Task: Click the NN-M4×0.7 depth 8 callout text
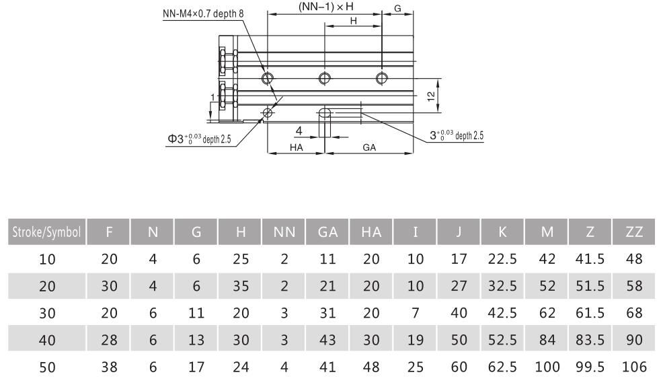point(203,13)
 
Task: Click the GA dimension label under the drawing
point(368,147)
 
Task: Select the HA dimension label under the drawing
point(296,147)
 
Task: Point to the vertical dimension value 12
point(430,96)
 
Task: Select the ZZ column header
point(633,232)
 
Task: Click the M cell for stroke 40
point(547,339)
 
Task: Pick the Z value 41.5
point(589,258)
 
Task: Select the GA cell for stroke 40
point(327,339)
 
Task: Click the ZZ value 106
point(633,367)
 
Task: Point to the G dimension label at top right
point(397,9)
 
